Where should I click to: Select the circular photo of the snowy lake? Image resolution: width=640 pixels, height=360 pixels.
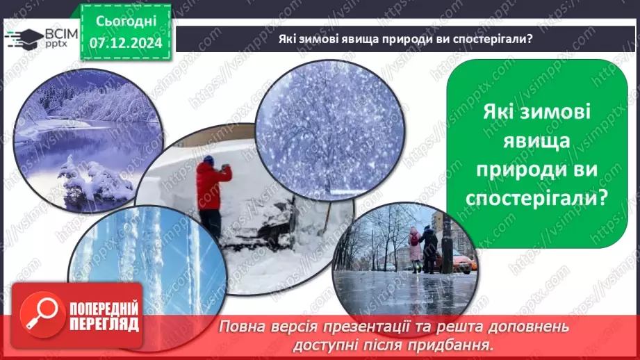point(89,142)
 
